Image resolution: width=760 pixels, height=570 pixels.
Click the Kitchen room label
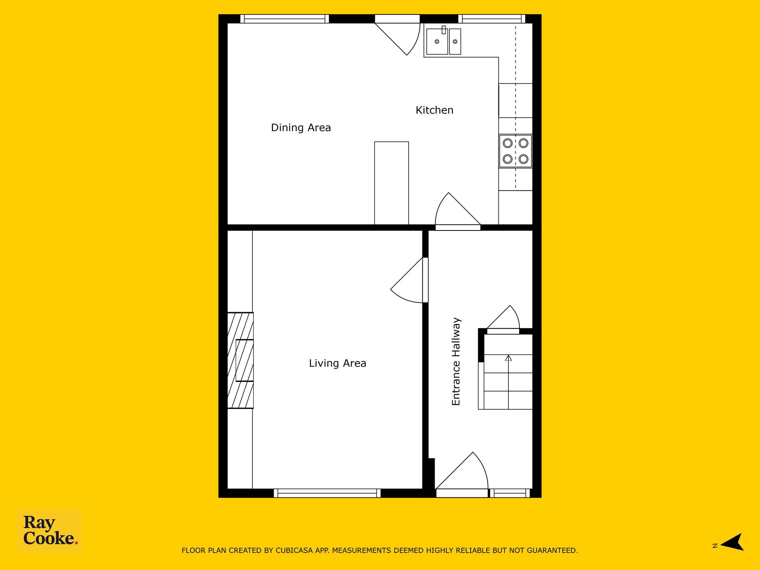[434, 110]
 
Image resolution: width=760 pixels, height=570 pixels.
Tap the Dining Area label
[301, 128]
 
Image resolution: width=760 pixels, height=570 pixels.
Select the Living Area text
[338, 363]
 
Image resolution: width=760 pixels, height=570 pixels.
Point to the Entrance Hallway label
[456, 361]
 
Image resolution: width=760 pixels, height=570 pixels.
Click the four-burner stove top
[515, 151]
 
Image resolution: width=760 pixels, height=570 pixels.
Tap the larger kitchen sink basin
[437, 42]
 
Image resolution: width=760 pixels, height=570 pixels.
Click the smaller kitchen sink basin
[455, 42]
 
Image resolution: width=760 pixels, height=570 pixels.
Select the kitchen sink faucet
[443, 30]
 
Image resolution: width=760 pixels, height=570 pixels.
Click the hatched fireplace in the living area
[240, 360]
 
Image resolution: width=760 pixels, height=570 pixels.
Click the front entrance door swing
[462, 475]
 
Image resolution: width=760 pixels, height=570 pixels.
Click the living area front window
[327, 493]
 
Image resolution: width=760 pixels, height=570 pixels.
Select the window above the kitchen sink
[492, 19]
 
